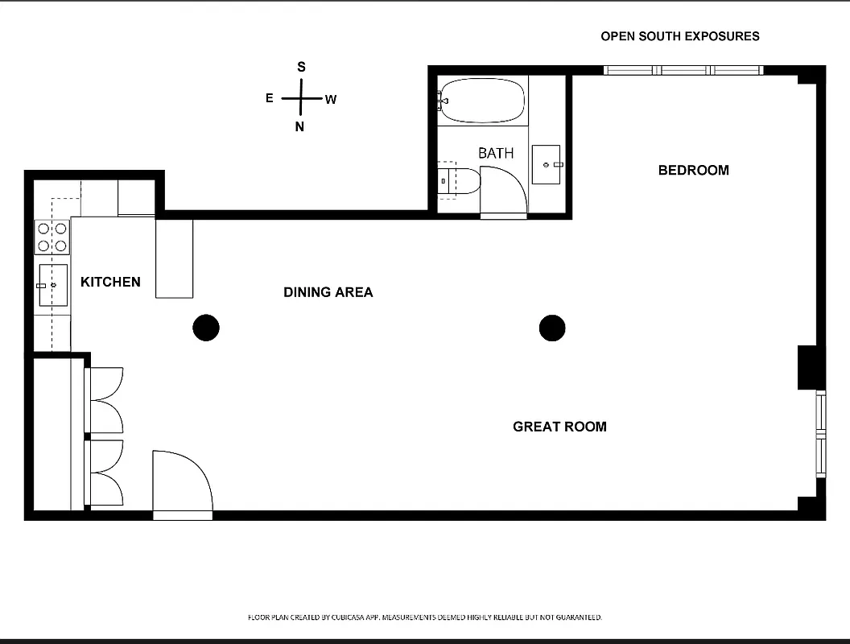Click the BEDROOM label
click(x=693, y=170)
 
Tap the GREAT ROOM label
click(x=559, y=427)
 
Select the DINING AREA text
click(x=328, y=292)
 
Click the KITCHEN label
click(x=110, y=282)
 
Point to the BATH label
click(x=495, y=153)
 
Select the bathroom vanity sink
click(x=547, y=164)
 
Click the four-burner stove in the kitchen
click(x=52, y=237)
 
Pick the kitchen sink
click(x=52, y=285)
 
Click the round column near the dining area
click(x=206, y=328)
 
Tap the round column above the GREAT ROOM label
click(x=552, y=328)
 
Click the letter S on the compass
click(x=302, y=67)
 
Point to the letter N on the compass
click(x=299, y=127)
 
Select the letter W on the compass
click(x=331, y=100)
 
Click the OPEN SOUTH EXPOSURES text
click(x=679, y=36)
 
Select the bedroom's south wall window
click(x=683, y=70)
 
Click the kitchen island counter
click(x=175, y=258)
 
